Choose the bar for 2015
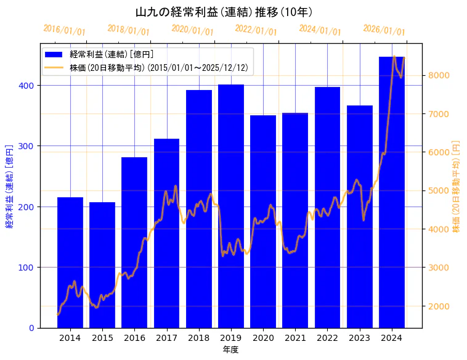(x=102, y=264)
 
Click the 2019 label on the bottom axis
(x=231, y=338)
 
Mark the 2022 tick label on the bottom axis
(x=327, y=338)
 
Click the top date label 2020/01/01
(x=192, y=30)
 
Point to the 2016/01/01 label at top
(x=64, y=30)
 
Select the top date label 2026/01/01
(x=384, y=30)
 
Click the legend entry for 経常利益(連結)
(x=111, y=55)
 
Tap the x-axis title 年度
(x=231, y=350)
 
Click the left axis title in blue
(x=9, y=186)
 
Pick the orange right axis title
(x=456, y=186)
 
